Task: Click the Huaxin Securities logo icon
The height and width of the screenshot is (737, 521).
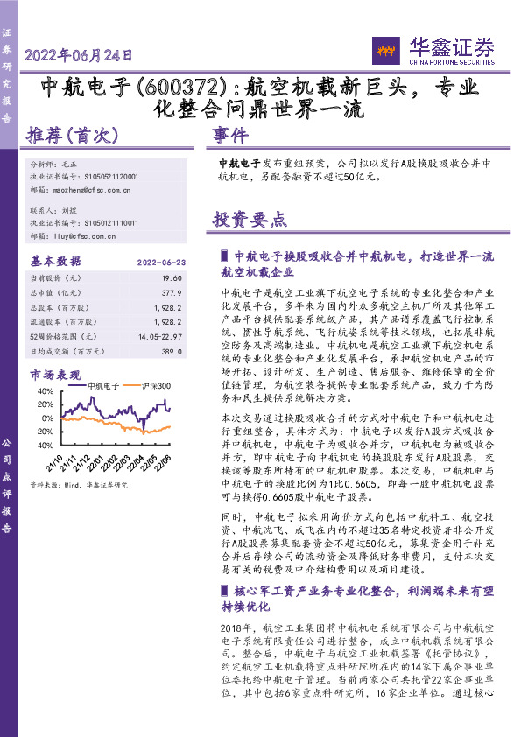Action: [x=386, y=48]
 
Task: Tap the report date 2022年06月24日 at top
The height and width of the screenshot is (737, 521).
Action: [x=79, y=55]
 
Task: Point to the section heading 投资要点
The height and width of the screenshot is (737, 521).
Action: [x=250, y=220]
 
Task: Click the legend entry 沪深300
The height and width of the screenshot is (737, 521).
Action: [x=151, y=385]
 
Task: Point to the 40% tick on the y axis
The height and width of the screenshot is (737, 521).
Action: [x=45, y=391]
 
